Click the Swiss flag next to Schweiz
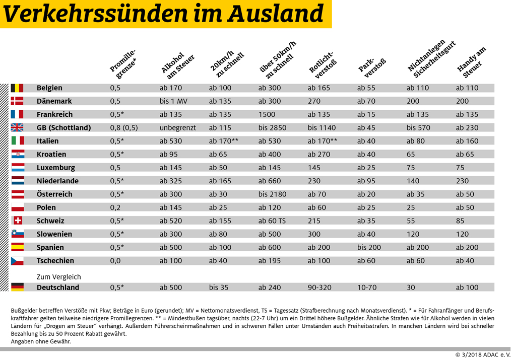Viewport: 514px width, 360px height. (17, 221)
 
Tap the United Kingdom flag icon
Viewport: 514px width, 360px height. (17, 127)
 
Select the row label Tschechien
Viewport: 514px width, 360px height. (55, 261)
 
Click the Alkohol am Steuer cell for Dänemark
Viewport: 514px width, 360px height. (174, 101)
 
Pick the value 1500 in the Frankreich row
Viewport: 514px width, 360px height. (267, 114)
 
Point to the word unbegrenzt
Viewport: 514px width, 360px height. (178, 128)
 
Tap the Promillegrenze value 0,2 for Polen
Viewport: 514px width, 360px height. (115, 207)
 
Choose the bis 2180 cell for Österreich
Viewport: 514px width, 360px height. (272, 194)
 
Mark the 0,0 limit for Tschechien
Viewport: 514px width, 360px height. (115, 261)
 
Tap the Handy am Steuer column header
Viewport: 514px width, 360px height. (471, 63)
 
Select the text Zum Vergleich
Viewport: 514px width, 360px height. (58, 277)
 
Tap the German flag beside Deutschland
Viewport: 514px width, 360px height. (17, 287)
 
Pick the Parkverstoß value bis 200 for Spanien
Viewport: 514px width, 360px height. (369, 248)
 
